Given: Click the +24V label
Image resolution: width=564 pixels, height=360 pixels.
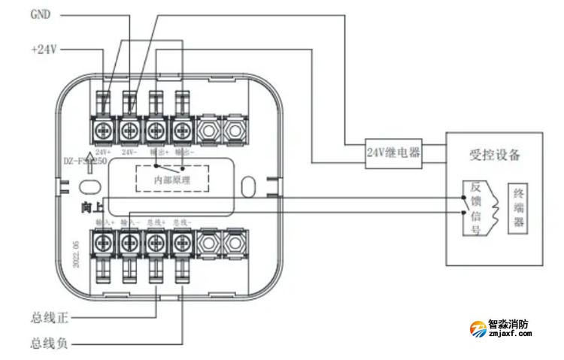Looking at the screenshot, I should [x=43, y=50].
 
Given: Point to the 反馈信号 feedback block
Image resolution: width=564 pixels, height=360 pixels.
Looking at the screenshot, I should [x=475, y=209].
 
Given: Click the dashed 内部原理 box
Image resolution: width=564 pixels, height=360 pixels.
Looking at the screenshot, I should [x=171, y=178].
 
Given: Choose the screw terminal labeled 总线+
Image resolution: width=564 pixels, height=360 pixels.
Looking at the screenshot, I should [x=155, y=243].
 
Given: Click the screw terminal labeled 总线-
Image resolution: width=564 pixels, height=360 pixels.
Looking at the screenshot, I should [x=180, y=243].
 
